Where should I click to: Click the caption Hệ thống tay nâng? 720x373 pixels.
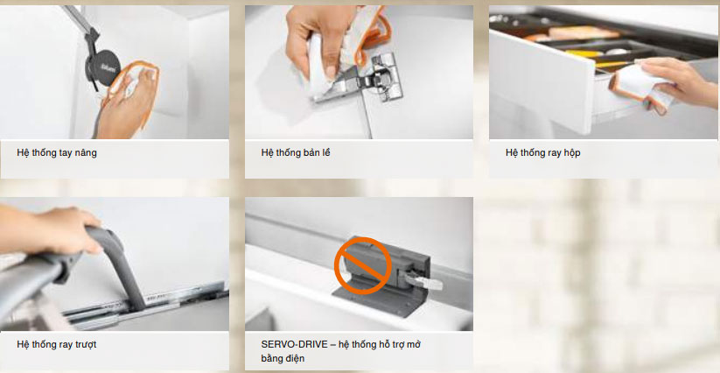pyautogui.click(x=57, y=152)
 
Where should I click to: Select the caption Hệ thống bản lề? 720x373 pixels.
pyautogui.click(x=295, y=152)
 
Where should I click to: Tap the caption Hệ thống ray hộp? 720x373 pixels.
pyautogui.click(x=542, y=152)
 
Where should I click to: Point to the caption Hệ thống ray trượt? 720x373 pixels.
pyautogui.click(x=57, y=344)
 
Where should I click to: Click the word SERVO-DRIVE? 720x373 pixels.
pyautogui.click(x=294, y=344)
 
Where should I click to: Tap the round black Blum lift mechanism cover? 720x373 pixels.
pyautogui.click(x=103, y=67)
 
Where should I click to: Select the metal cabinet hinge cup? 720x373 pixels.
pyautogui.click(x=385, y=77)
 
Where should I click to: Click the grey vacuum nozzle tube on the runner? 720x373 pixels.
pyautogui.click(x=122, y=266)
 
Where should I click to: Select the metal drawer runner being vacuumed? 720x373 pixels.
pyautogui.click(x=147, y=306)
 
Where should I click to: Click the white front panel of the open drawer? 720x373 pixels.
pyautogui.click(x=542, y=81)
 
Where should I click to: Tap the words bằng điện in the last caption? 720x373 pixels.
pyautogui.click(x=283, y=358)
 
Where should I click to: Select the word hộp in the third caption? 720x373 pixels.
pyautogui.click(x=570, y=153)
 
